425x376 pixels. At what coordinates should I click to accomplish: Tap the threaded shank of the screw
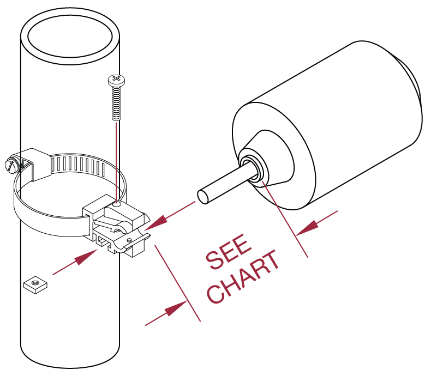pos(116,104)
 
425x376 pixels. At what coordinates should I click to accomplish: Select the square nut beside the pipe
pos(35,284)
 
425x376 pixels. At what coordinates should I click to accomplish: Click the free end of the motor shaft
pos(202,196)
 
